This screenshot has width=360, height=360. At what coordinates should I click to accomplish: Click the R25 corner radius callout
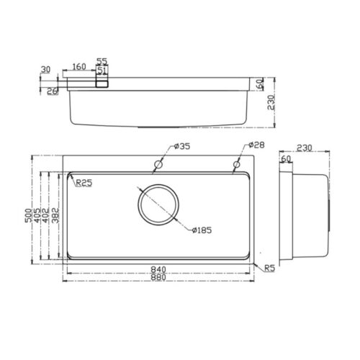(x=84, y=183)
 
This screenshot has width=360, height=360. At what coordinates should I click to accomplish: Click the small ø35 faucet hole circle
(x=156, y=166)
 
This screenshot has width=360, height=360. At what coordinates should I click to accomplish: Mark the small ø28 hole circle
(x=236, y=166)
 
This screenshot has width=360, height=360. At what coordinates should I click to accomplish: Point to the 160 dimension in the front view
(x=79, y=67)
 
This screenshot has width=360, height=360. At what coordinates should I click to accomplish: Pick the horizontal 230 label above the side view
(x=302, y=149)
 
